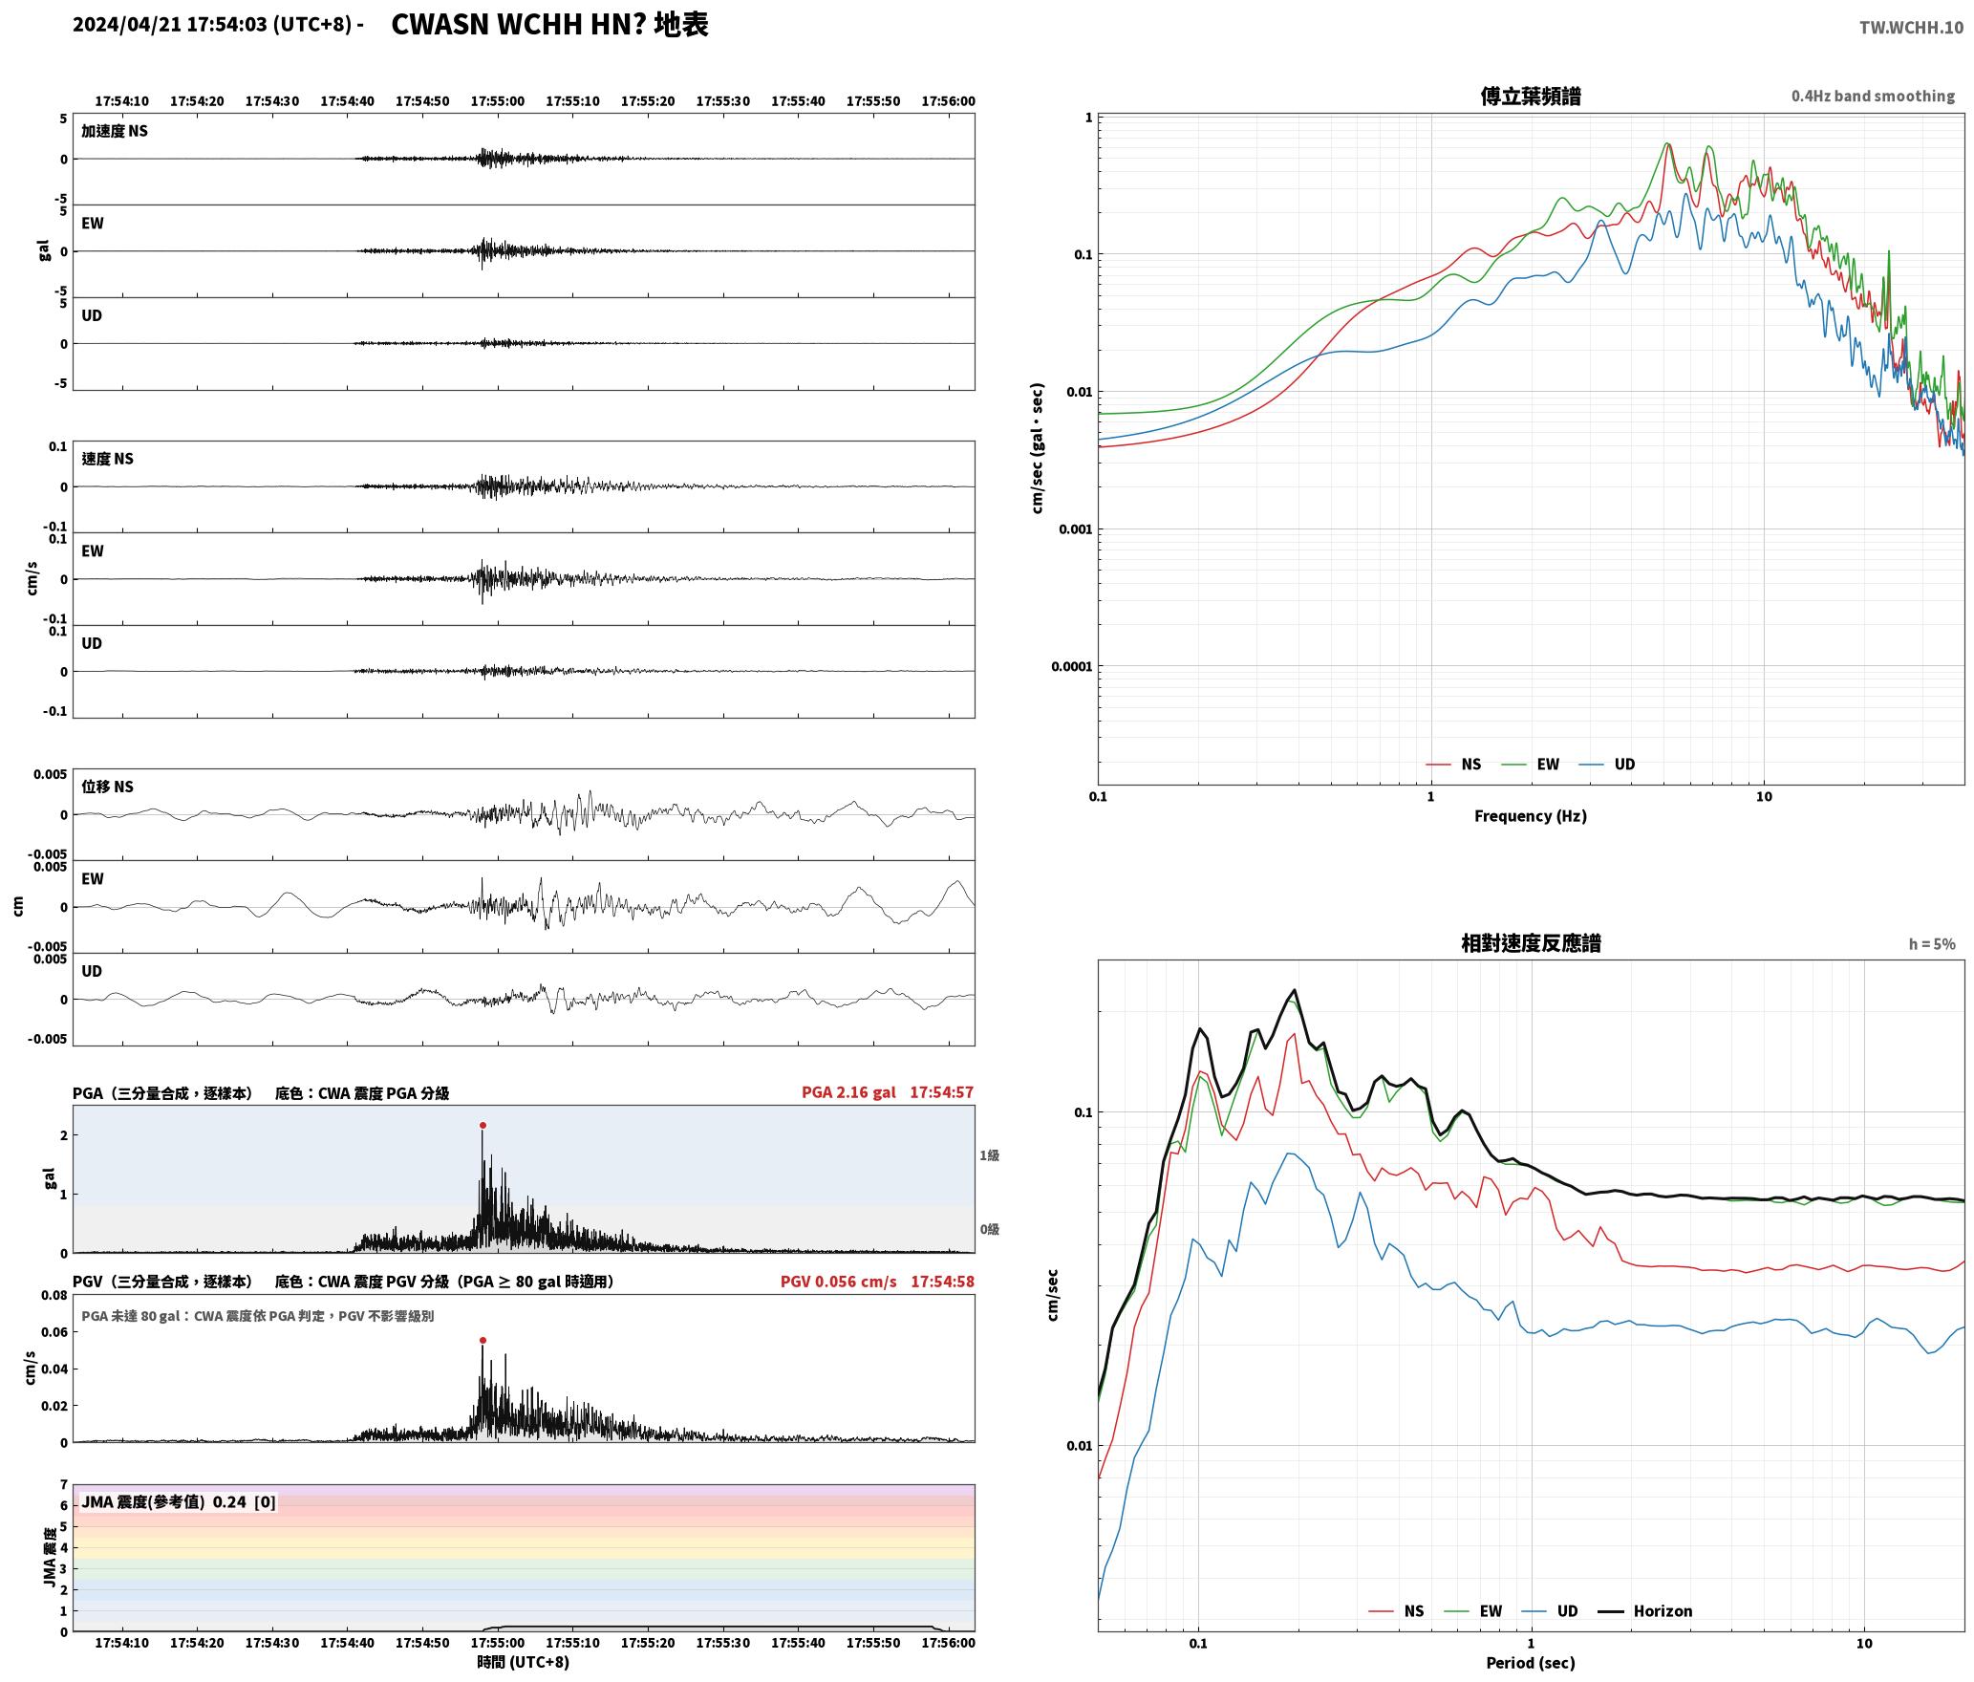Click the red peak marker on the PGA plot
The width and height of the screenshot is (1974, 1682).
tap(483, 1125)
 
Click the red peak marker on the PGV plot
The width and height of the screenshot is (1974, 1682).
tap(483, 1340)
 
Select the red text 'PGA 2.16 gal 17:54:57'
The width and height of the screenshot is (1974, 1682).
tap(888, 1092)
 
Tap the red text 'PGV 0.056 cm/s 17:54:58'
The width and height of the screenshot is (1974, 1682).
tap(877, 1282)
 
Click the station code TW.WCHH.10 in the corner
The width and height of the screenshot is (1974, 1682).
tap(1911, 28)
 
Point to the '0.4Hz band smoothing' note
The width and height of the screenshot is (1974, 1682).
tap(1873, 96)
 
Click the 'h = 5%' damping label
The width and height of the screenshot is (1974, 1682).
tap(1932, 944)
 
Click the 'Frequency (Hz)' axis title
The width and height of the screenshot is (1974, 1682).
tap(1530, 816)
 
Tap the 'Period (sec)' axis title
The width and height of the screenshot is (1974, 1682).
tap(1530, 1663)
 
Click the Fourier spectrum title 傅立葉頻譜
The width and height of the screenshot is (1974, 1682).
tap(1530, 96)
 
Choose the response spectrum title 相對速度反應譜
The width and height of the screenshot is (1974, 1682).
tap(1531, 943)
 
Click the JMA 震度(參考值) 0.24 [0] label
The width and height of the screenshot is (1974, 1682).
tap(179, 1502)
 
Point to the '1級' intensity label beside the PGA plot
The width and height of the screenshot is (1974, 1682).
tap(989, 1155)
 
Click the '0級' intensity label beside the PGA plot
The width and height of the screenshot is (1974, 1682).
tap(989, 1229)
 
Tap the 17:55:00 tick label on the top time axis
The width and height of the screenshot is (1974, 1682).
tap(498, 101)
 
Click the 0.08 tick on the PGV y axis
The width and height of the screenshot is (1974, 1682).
tap(55, 1296)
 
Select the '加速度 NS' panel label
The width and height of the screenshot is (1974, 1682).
tap(115, 131)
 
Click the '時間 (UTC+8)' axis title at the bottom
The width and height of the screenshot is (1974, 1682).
tap(523, 1662)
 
